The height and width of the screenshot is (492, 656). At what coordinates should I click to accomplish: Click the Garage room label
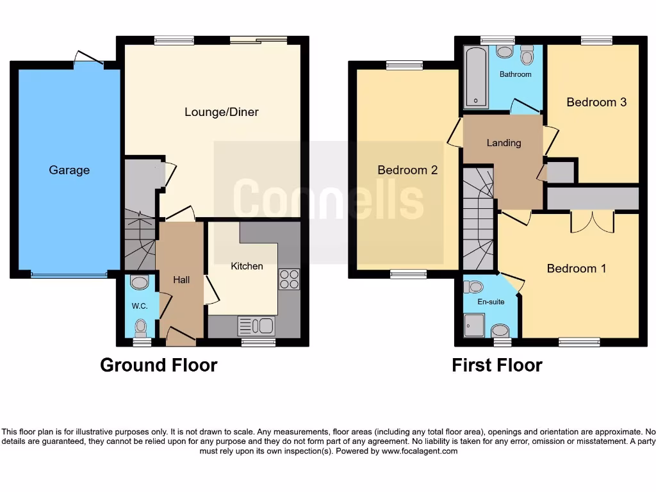tap(69, 170)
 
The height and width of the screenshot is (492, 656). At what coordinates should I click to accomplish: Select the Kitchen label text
tap(247, 266)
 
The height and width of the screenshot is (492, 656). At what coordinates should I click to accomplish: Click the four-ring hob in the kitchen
tap(289, 279)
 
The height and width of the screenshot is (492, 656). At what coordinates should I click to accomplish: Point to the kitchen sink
tap(256, 326)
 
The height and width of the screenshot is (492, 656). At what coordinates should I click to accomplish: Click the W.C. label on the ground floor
tap(140, 306)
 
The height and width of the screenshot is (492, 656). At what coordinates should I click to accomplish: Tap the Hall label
tap(181, 280)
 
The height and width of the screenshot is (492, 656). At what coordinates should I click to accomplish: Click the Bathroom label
tap(515, 74)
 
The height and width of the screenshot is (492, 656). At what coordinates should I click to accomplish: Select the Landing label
tap(504, 143)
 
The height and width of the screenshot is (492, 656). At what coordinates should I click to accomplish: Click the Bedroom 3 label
tap(596, 102)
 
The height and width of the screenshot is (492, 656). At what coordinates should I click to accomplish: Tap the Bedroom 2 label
tap(407, 170)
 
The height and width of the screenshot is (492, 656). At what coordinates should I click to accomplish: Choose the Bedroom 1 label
tap(576, 268)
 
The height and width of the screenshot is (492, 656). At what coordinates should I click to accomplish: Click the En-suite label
tap(491, 302)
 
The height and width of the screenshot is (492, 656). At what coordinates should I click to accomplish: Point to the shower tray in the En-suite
tap(475, 325)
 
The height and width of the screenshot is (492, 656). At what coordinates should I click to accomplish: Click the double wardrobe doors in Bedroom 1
tap(593, 221)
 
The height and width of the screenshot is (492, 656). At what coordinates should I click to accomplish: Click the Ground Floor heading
tap(159, 365)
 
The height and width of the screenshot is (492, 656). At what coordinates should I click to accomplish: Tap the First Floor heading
tap(496, 365)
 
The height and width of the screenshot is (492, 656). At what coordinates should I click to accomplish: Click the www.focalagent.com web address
tap(419, 451)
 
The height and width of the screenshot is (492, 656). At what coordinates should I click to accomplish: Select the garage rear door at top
tap(88, 59)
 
